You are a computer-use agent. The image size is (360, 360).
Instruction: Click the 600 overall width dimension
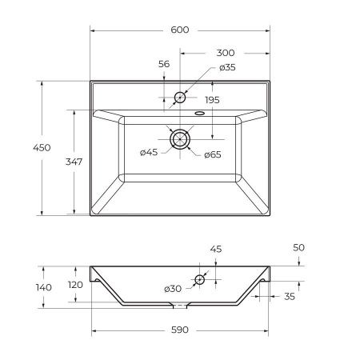[180, 30]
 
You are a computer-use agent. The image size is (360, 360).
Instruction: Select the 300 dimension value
[225, 53]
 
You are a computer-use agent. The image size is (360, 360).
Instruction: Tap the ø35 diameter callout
[227, 67]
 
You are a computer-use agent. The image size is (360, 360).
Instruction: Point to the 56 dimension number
[164, 64]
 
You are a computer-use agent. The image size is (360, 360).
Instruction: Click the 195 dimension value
[211, 100]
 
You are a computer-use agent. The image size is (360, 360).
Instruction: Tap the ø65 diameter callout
[212, 154]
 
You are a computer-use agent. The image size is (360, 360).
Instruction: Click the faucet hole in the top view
[180, 98]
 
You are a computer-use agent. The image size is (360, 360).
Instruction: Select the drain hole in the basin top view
[180, 138]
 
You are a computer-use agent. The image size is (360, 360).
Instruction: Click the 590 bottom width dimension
[180, 330]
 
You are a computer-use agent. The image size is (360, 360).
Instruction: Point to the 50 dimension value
[298, 248]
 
